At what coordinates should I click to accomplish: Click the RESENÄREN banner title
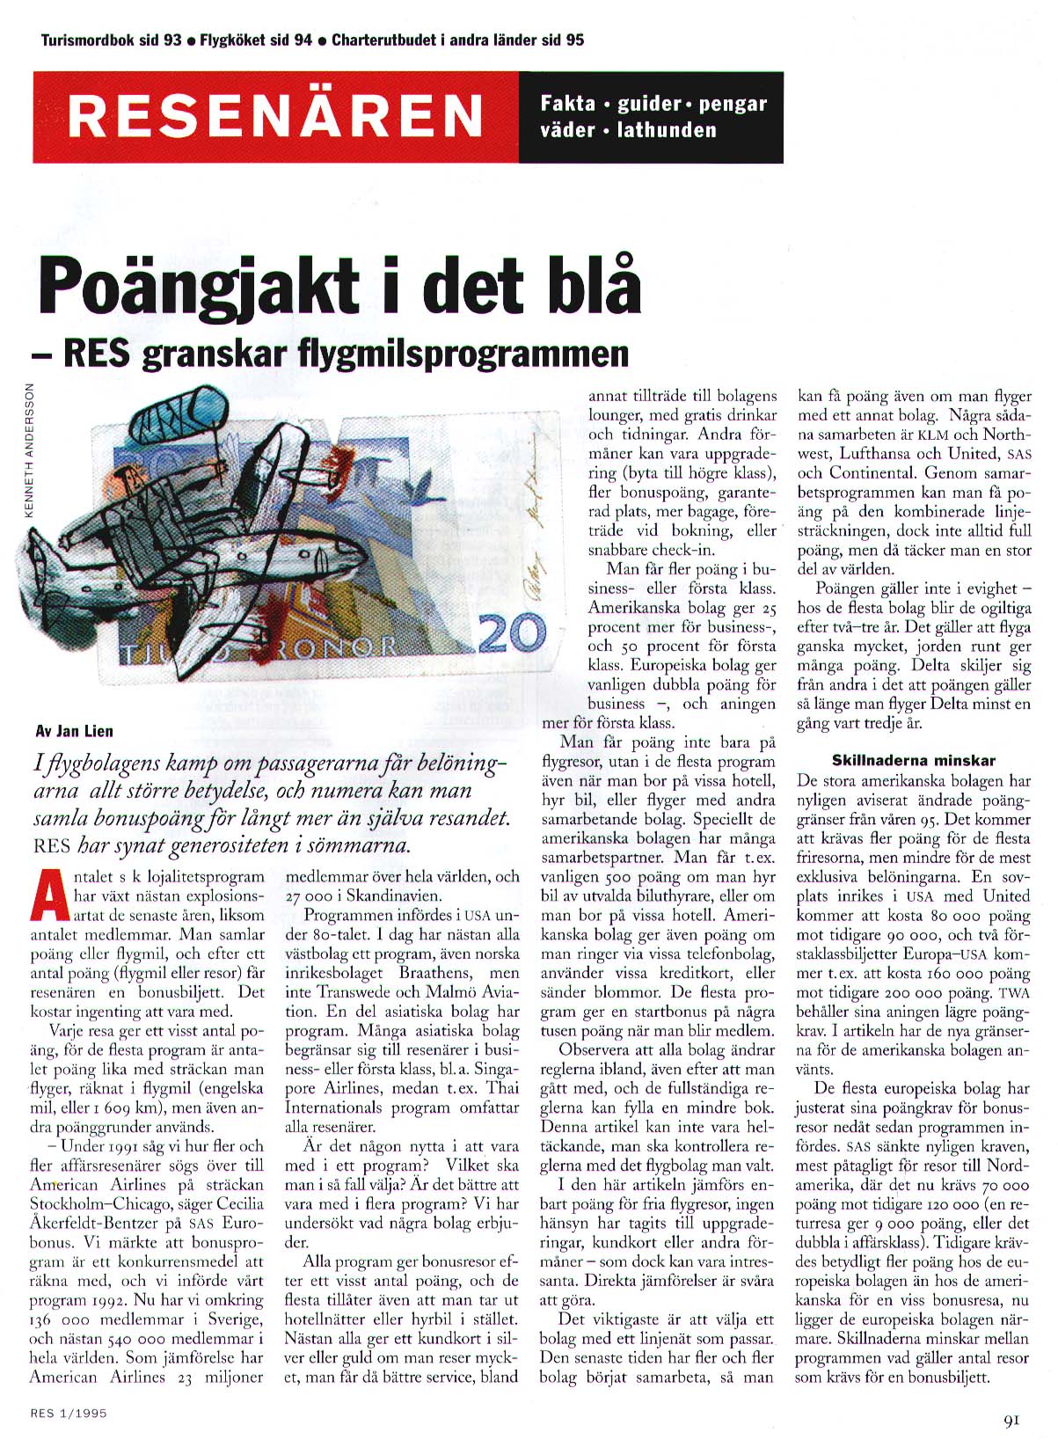pyautogui.click(x=275, y=115)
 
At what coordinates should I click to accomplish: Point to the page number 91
pyautogui.click(x=1011, y=1418)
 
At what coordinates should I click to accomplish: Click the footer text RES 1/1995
pyautogui.click(x=69, y=1414)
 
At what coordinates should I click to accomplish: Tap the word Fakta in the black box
pyautogui.click(x=568, y=104)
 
